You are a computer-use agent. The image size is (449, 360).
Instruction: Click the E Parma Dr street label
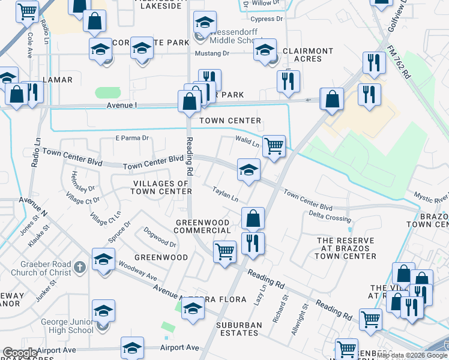click(131, 138)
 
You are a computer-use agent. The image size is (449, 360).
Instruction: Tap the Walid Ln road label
click(247, 143)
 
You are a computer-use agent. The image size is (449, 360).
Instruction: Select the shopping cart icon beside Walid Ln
click(274, 146)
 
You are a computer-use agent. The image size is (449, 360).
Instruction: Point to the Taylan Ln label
click(225, 194)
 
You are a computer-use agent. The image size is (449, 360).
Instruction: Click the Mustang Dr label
click(212, 53)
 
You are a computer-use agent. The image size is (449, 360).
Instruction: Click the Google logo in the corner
click(20, 353)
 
